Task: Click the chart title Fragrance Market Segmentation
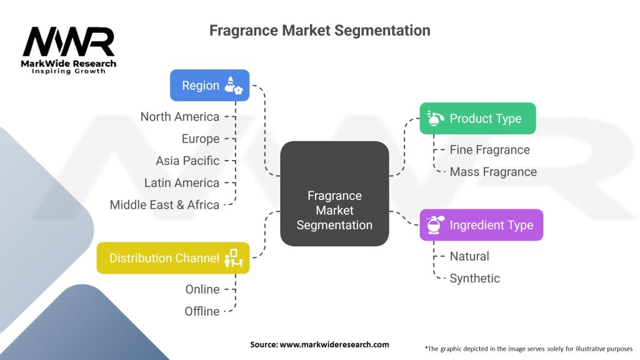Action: (319, 30)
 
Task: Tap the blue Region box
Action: (210, 86)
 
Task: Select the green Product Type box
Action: (477, 118)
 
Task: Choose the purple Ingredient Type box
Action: (481, 225)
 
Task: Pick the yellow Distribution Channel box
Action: (173, 257)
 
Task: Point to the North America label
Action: (180, 117)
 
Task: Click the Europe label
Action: (201, 139)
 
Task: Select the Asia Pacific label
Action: (187, 161)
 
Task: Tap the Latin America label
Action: (181, 182)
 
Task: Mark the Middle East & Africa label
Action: (164, 204)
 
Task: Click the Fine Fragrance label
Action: (489, 150)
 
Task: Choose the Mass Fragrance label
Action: (493, 172)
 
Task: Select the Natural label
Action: (469, 256)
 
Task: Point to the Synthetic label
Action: (475, 278)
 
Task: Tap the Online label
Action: (202, 289)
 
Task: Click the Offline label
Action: (202, 311)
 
